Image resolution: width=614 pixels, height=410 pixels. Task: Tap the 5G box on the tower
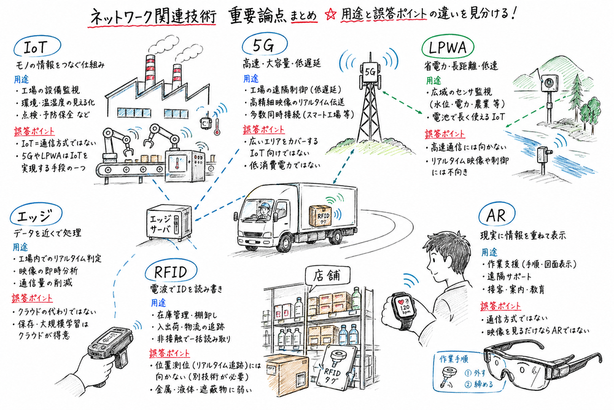(370, 71)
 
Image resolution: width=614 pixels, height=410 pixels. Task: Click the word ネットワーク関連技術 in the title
(152, 15)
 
